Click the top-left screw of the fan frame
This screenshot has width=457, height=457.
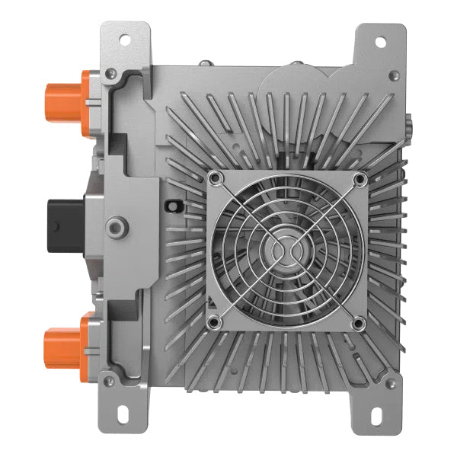coord(216,178)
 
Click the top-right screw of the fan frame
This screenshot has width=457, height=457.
coord(358,178)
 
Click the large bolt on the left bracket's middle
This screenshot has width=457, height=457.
coord(117,224)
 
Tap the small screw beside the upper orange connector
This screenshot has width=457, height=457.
coord(111,74)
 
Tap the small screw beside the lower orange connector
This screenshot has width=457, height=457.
coord(111,379)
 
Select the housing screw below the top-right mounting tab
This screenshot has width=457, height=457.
coord(394,75)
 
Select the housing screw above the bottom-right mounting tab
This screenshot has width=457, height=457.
coord(394,379)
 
